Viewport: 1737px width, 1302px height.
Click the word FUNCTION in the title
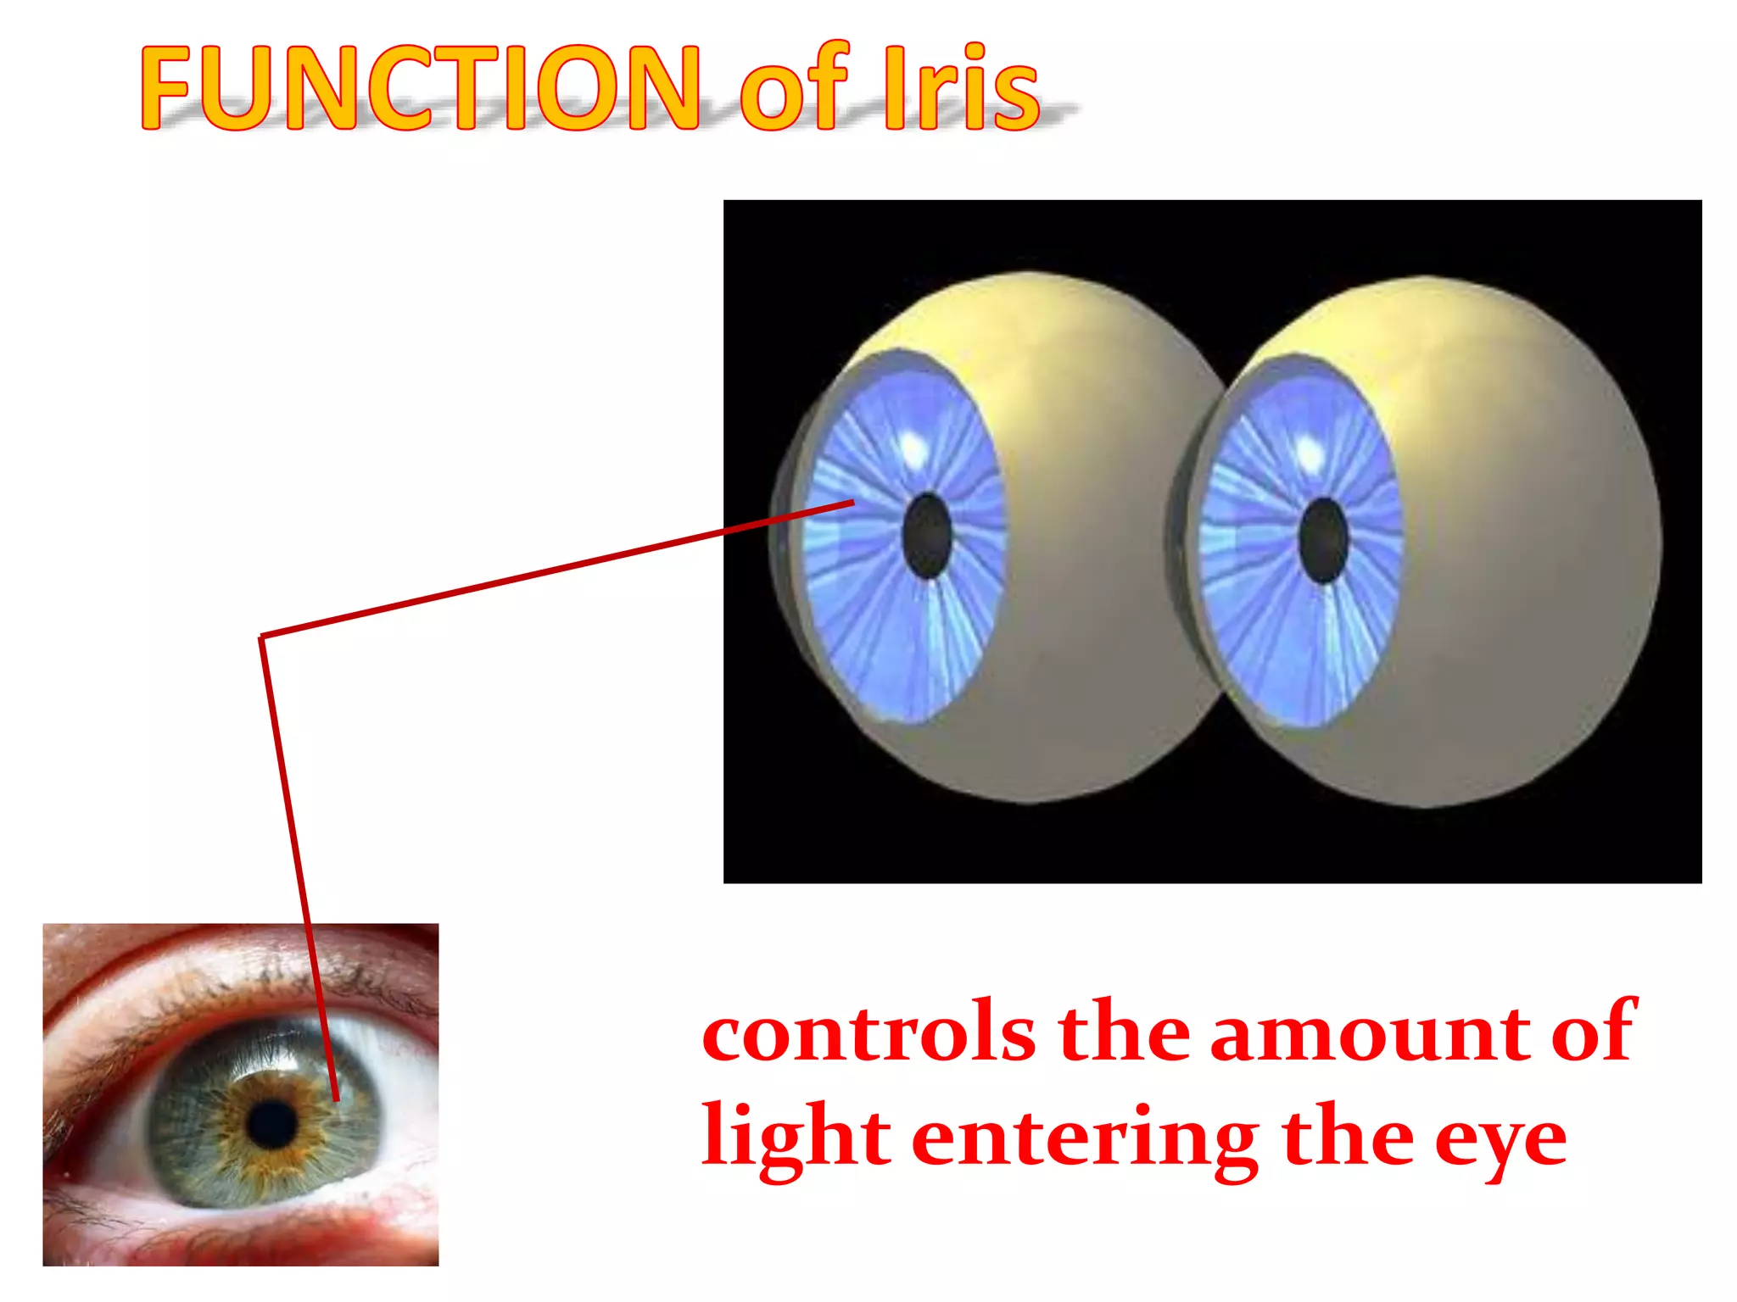420,89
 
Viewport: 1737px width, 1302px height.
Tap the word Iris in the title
961,89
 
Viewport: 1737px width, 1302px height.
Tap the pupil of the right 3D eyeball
1323,541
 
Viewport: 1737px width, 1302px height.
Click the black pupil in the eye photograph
272,1124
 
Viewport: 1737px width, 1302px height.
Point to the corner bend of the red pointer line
262,637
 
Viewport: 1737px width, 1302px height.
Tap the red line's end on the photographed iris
336,1099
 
